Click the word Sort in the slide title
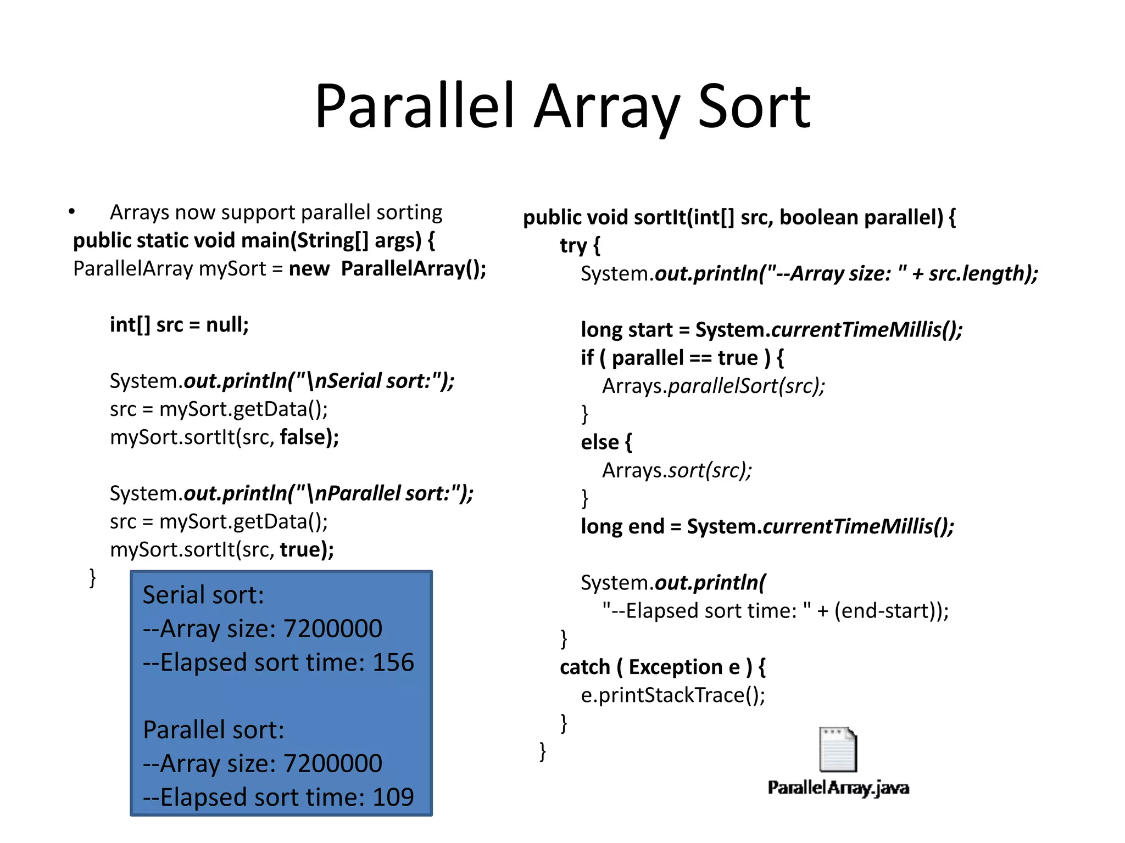pyautogui.click(x=754, y=107)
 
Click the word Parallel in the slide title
pyautogui.click(x=415, y=107)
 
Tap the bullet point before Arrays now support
pyautogui.click(x=72, y=212)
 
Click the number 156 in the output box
pyautogui.click(x=393, y=662)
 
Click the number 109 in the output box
pyautogui.click(x=393, y=797)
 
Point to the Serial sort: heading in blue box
pyautogui.click(x=203, y=595)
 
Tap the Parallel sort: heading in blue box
pyautogui.click(x=214, y=730)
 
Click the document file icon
pyautogui.click(x=838, y=749)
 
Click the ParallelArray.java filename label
pyautogui.click(x=838, y=788)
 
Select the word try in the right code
pyautogui.click(x=573, y=245)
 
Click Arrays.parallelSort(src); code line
pyautogui.click(x=714, y=386)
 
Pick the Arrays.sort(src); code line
pyautogui.click(x=677, y=470)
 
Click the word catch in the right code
pyautogui.click(x=585, y=667)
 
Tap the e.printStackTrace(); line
pyautogui.click(x=673, y=695)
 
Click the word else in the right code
pyautogui.click(x=600, y=442)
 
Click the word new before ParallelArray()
pyautogui.click(x=309, y=269)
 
